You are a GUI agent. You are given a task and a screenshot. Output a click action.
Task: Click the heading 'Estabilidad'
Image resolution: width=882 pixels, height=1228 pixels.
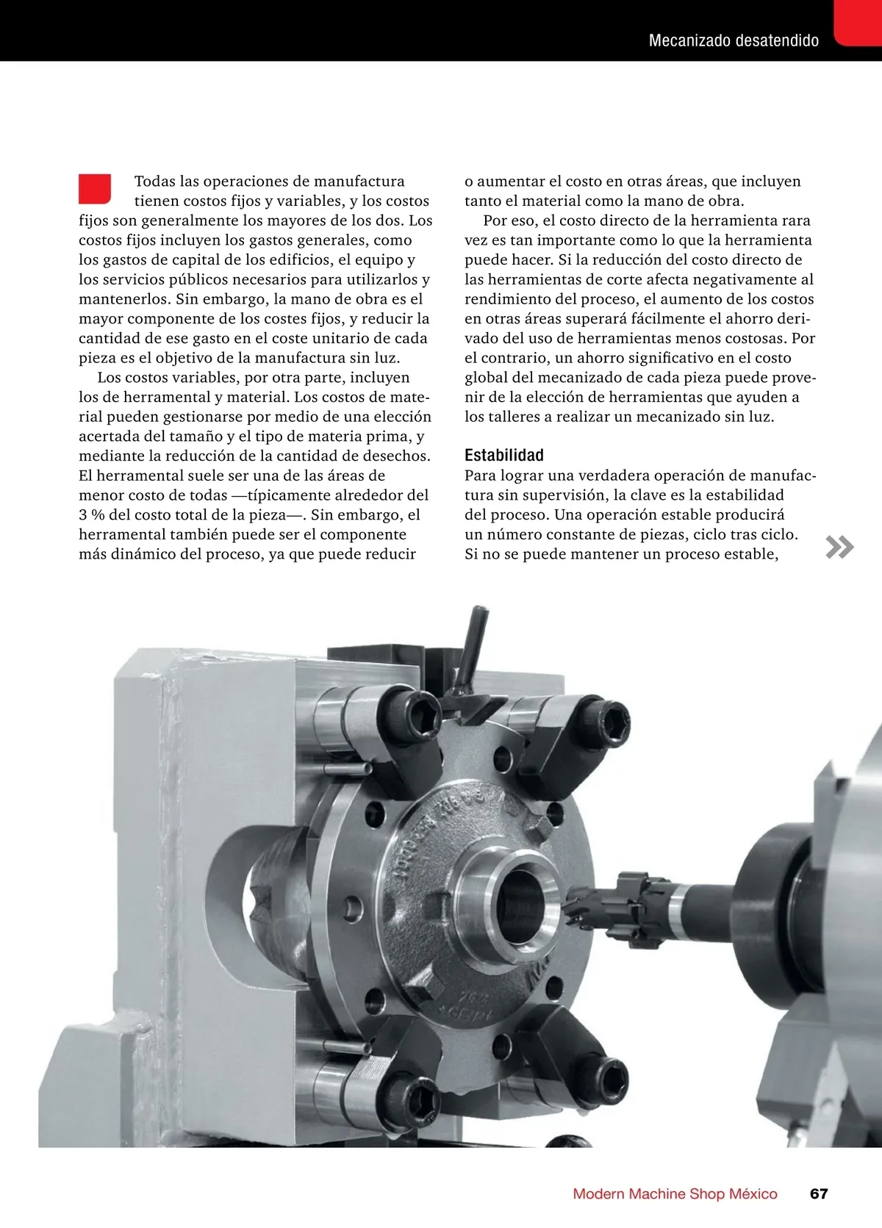503,456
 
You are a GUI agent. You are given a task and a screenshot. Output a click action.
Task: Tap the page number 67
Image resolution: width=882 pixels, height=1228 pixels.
819,1193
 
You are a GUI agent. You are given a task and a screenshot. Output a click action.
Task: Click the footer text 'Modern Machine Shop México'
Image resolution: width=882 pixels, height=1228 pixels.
675,1193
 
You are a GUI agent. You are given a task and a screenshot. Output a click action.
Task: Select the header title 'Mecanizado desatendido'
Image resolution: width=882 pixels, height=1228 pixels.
734,40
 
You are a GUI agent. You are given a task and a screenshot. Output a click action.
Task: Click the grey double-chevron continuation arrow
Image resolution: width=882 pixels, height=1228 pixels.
840,547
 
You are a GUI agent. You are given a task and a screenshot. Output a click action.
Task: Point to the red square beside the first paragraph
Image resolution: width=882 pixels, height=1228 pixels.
95,189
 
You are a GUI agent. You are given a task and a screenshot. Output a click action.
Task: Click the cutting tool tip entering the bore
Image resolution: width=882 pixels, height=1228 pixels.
573,909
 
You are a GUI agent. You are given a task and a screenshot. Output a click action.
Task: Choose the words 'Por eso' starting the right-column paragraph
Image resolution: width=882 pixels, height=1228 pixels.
508,220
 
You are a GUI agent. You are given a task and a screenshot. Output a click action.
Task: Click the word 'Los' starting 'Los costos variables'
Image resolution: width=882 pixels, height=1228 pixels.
109,378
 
